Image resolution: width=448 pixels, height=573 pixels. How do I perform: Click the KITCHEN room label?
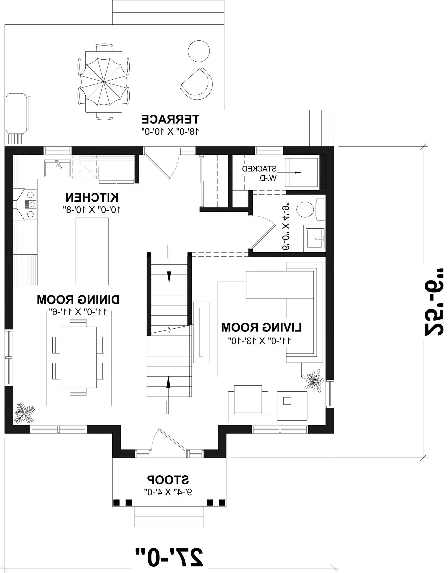click(92, 198)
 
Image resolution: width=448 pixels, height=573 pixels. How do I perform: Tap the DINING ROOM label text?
click(78, 300)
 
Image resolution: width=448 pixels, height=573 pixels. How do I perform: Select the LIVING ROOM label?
click(262, 327)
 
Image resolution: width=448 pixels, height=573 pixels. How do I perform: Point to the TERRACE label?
click(171, 119)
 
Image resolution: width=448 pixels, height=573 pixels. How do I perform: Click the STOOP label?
click(168, 479)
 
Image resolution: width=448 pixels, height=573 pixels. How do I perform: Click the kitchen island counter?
click(92, 251)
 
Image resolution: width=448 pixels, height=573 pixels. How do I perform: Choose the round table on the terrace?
click(199, 51)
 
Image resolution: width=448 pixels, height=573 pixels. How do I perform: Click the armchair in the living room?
click(248, 404)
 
